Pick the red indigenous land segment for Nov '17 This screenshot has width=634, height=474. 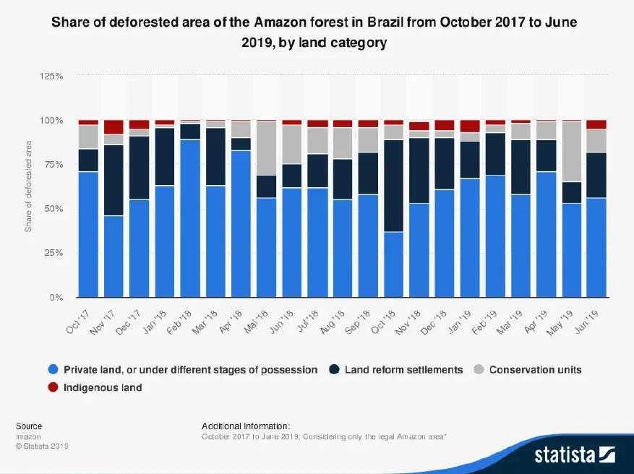point(113,127)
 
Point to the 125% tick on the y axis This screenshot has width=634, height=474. point(53,76)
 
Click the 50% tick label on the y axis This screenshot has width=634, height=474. point(55,209)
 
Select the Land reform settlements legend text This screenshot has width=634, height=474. point(403,370)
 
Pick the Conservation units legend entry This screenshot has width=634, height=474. point(535,370)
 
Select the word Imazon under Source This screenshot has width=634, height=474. point(29,437)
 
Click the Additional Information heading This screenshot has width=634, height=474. point(246,426)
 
